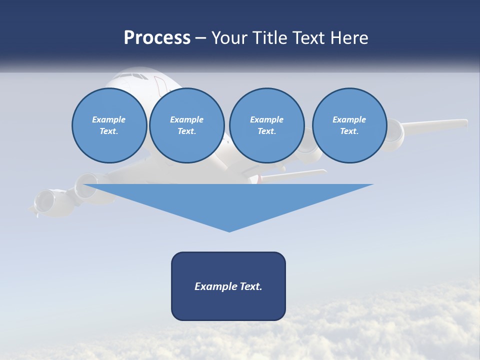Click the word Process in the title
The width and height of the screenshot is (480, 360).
(157, 38)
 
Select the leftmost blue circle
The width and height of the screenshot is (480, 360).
(109, 125)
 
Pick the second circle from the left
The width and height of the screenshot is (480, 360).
(186, 125)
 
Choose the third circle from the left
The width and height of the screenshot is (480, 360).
(266, 125)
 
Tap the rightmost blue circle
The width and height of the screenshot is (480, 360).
(349, 125)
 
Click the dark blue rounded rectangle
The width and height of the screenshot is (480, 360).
(228, 286)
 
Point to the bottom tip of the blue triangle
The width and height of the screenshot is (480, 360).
(229, 231)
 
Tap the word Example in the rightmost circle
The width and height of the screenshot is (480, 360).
(349, 119)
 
